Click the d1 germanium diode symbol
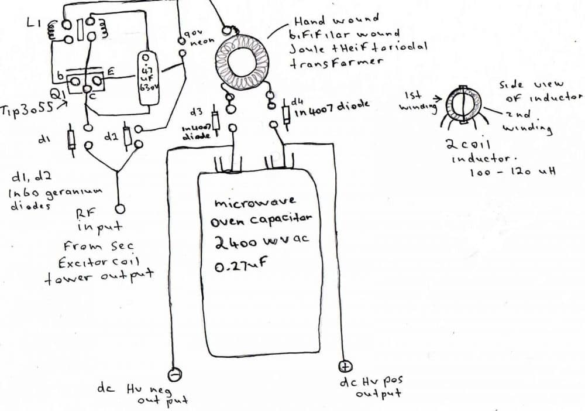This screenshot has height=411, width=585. tap(71, 138)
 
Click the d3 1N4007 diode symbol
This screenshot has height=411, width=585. tap(215, 121)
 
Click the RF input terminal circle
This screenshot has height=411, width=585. tap(119, 209)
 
